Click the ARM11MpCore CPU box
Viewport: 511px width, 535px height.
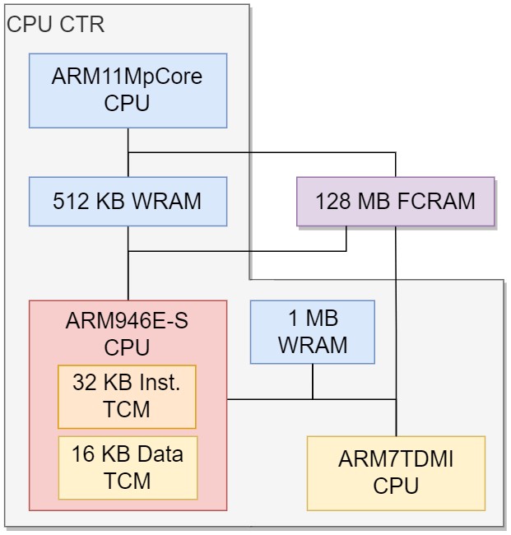point(128,91)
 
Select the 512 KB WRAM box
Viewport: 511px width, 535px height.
point(128,202)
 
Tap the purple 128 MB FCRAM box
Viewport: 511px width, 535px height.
point(395,201)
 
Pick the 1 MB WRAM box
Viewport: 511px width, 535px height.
point(313,332)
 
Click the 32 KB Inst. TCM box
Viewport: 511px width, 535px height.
point(127,397)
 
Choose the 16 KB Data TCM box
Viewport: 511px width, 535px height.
point(128,468)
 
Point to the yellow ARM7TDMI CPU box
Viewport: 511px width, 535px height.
point(396,473)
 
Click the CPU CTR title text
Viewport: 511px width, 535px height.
point(56,25)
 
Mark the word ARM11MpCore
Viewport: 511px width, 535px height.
point(128,78)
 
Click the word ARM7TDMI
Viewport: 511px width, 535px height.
point(396,460)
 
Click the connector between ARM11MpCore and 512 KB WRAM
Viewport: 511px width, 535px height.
point(128,152)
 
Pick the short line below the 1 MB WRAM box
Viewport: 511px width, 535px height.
point(313,381)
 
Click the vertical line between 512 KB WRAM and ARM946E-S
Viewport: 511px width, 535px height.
point(128,276)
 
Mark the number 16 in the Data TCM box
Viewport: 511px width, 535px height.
point(83,455)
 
